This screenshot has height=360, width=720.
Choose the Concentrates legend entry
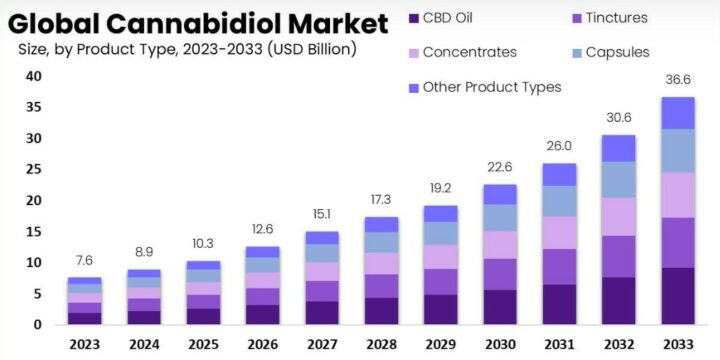(x=470, y=52)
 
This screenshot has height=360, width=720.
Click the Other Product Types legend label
(x=491, y=87)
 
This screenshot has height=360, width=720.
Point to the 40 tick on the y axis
(x=33, y=76)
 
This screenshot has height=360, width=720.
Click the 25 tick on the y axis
(x=33, y=170)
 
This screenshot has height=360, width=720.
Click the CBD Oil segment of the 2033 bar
(x=677, y=296)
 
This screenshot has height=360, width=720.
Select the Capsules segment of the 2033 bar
(x=677, y=150)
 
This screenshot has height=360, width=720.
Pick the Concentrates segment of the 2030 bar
(x=499, y=245)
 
